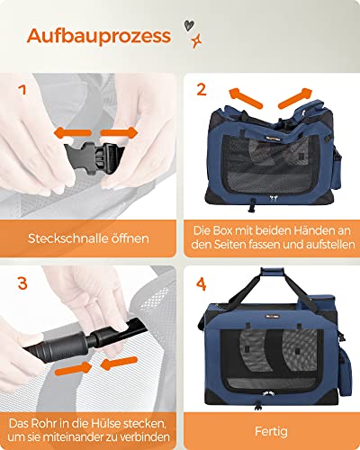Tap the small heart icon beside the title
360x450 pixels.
click(x=185, y=26)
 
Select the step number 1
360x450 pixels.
click(x=23, y=90)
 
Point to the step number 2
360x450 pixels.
click(x=202, y=90)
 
